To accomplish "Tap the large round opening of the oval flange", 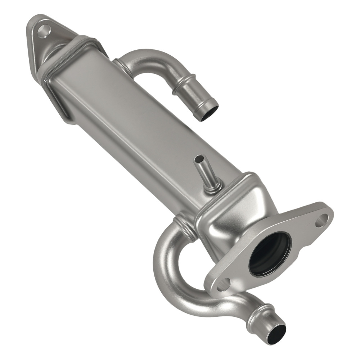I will (x=270, y=253).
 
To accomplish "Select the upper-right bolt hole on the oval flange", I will (x=321, y=220).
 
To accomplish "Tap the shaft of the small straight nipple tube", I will (x=204, y=172).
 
